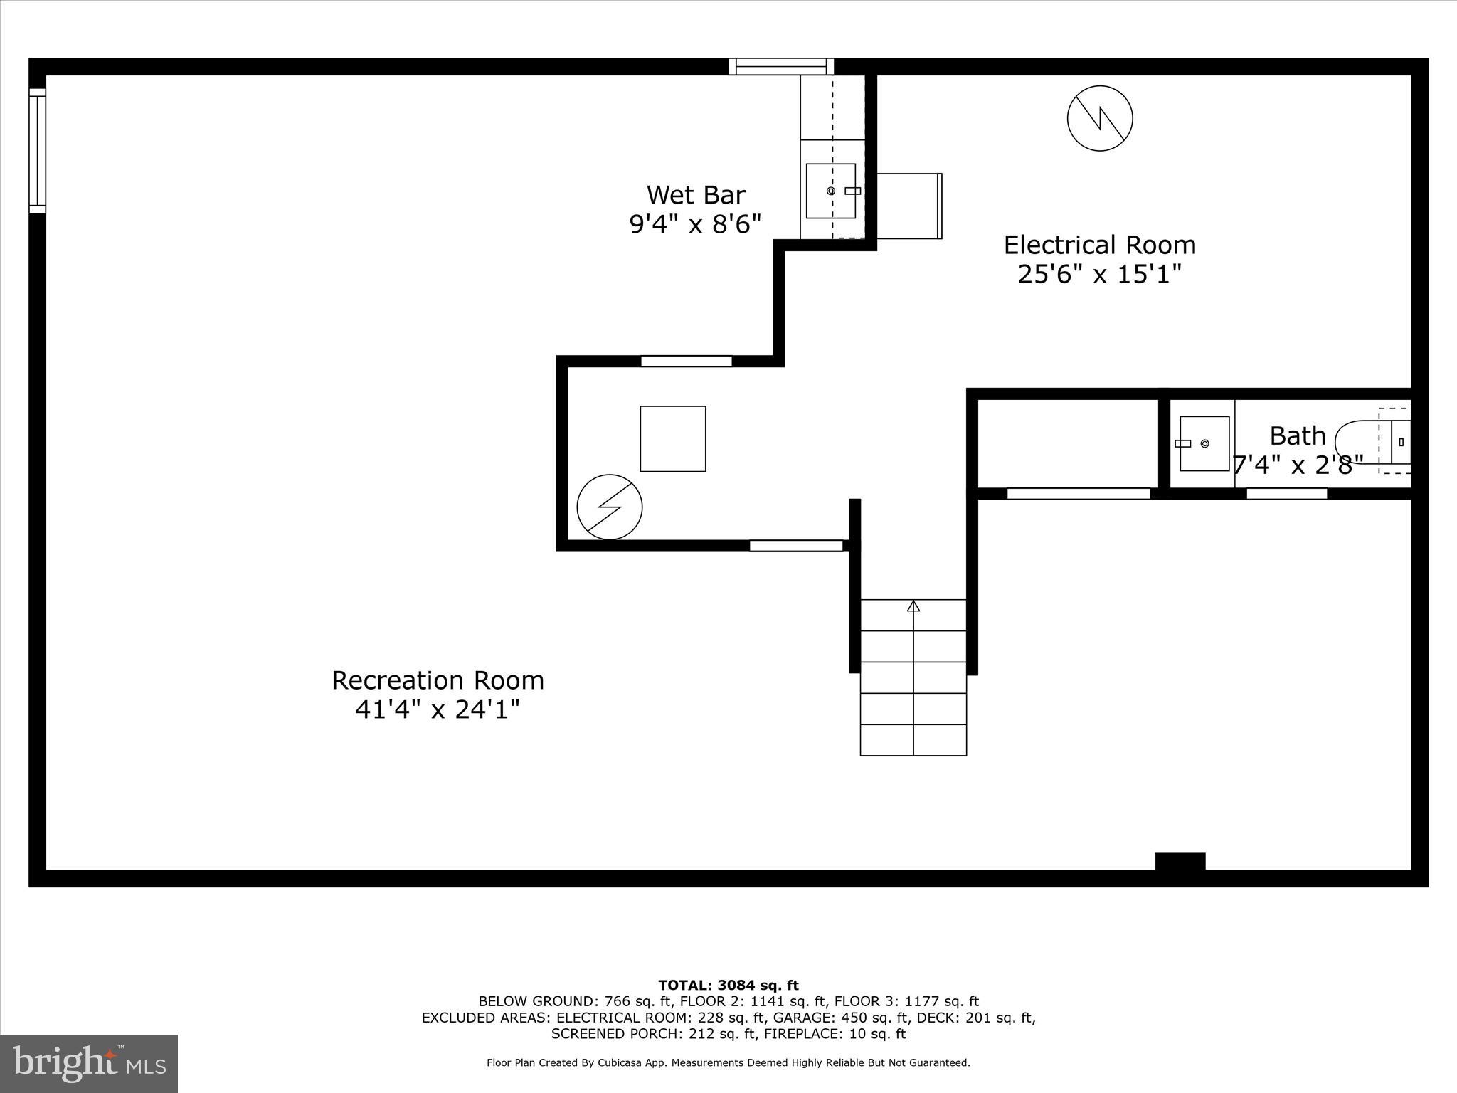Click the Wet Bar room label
[696, 195]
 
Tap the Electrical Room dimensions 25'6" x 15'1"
[1099, 274]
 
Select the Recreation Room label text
[438, 680]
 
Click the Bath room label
[1298, 435]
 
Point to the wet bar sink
[830, 191]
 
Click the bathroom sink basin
[1204, 443]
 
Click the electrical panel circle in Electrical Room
[1100, 118]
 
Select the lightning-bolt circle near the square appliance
[610, 507]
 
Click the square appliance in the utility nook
[672, 438]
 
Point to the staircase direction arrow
[913, 606]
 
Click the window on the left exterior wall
[37, 150]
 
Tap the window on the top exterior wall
[780, 67]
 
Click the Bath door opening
[1286, 494]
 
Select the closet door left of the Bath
[1078, 494]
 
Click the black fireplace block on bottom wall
[1180, 862]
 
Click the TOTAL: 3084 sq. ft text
[728, 986]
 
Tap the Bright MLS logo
[89, 1064]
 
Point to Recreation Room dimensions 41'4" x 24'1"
[438, 709]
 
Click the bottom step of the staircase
[913, 740]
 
